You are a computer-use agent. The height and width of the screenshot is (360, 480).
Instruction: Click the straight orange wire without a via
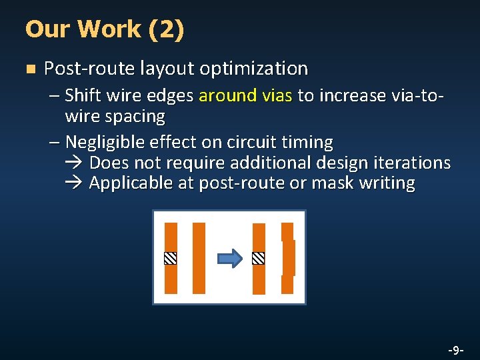click(x=199, y=258)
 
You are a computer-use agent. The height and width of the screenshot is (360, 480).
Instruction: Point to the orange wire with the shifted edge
click(x=287, y=258)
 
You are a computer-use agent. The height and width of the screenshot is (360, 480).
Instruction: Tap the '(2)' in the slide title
click(x=166, y=29)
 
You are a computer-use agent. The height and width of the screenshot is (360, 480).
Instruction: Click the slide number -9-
click(x=456, y=349)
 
